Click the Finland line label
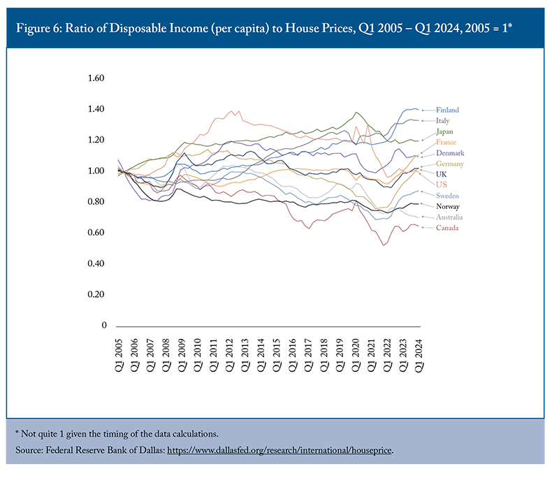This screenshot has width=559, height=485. pos(447,110)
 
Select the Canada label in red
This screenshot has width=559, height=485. pos(447,228)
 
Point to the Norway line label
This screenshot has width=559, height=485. pos(447,206)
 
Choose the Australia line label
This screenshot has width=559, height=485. pos(449,217)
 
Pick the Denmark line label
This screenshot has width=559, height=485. pos(450,153)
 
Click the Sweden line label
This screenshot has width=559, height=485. pos(448,196)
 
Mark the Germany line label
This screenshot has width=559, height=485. pos(450,164)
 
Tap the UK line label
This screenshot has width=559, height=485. pos(442,174)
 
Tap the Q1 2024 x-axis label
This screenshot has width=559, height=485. pos(419,355)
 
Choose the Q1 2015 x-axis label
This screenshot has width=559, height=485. pos(276,355)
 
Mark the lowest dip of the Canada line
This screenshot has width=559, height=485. pos(384,245)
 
